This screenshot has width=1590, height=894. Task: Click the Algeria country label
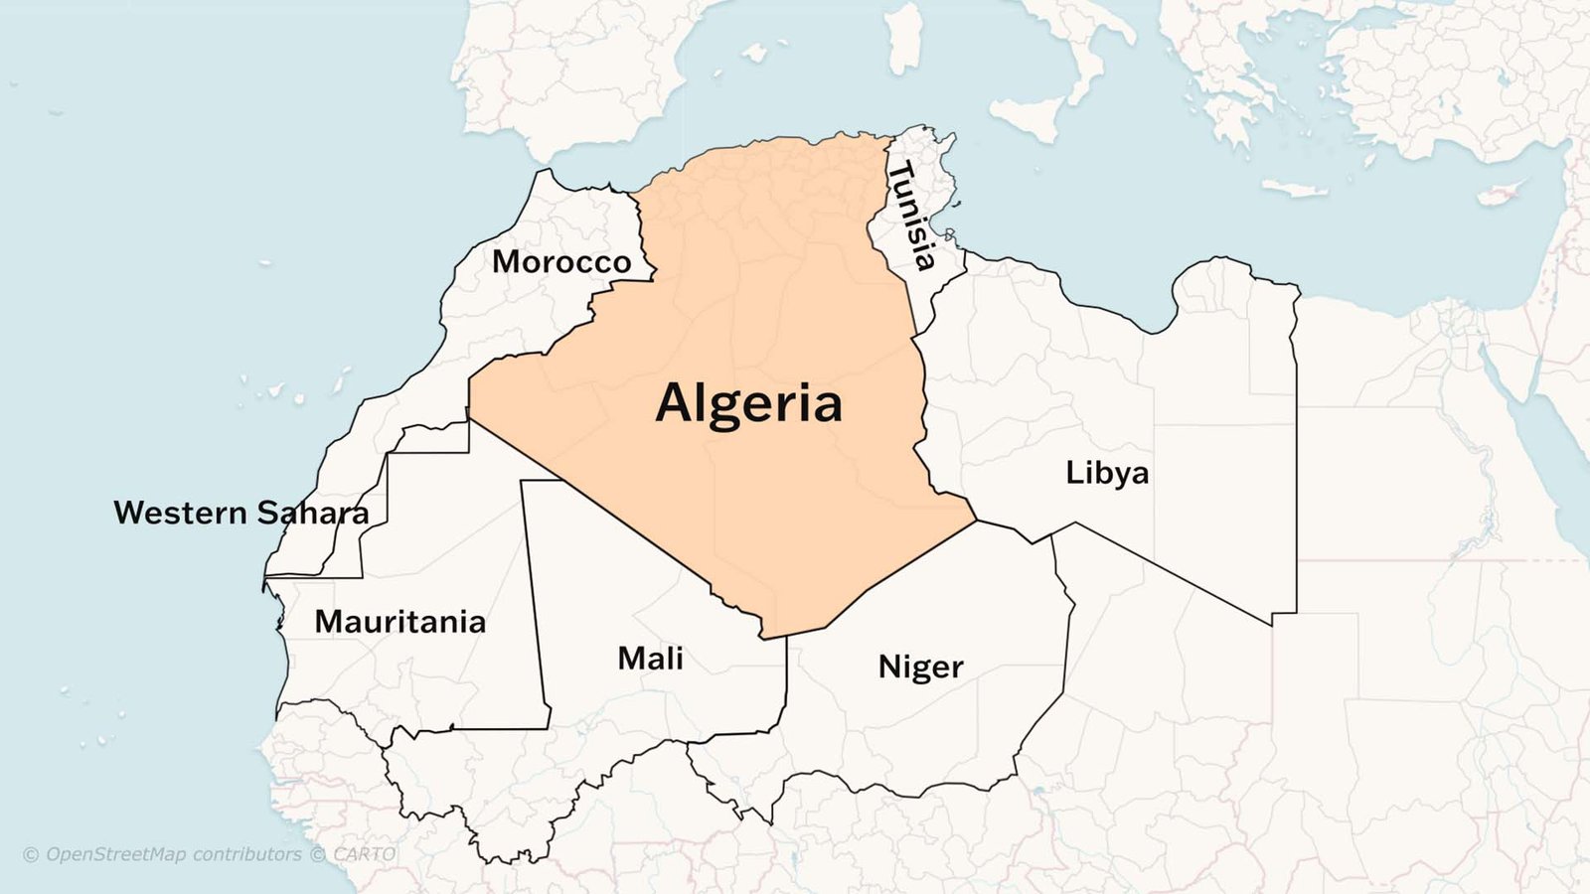(x=749, y=404)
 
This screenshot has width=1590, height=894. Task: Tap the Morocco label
(x=561, y=262)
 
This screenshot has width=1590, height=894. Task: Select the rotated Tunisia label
(x=912, y=217)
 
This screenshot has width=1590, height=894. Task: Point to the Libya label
(x=1107, y=473)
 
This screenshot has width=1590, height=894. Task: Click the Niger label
(x=920, y=667)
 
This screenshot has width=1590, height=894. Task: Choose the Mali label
(x=650, y=659)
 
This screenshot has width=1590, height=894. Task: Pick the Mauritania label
(x=400, y=622)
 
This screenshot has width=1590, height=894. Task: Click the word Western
(x=180, y=513)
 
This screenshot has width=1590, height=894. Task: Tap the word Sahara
(x=312, y=513)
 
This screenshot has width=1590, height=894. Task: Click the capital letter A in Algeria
(x=674, y=403)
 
